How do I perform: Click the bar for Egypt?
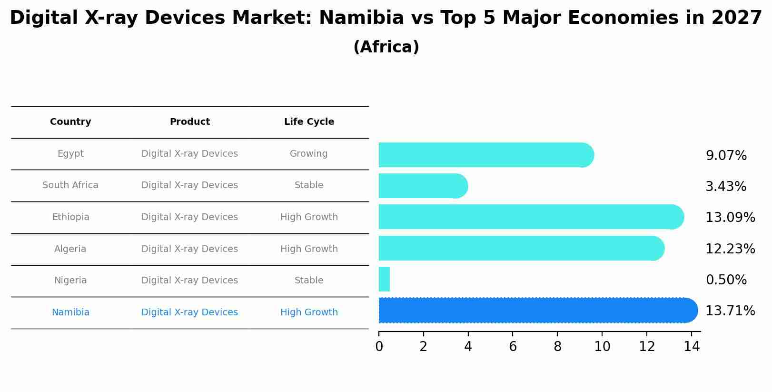click(x=485, y=155)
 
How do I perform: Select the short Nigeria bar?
click(x=384, y=279)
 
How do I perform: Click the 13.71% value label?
click(x=730, y=311)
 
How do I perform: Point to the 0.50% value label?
click(x=726, y=280)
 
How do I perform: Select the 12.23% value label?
click(x=730, y=249)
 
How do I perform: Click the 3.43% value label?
click(x=725, y=187)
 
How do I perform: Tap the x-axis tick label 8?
click(x=557, y=347)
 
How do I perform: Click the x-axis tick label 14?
click(x=692, y=347)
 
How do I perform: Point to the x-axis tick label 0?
click(x=379, y=347)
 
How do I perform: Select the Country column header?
click(x=70, y=122)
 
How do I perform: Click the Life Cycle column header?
click(x=309, y=122)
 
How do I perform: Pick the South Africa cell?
click(x=70, y=185)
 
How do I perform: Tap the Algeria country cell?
click(x=70, y=249)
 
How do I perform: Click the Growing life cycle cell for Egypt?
click(x=309, y=154)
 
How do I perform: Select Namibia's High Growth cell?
click(x=309, y=312)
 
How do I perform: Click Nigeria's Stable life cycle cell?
click(x=309, y=281)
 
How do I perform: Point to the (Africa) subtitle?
click(x=386, y=47)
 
